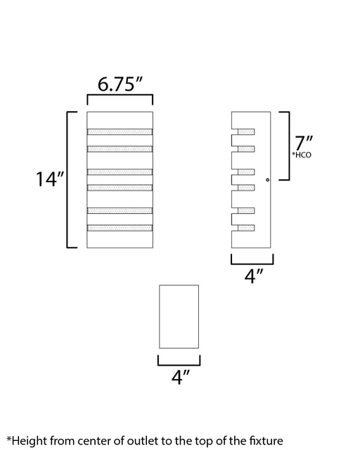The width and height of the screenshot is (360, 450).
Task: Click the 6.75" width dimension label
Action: click(x=120, y=84)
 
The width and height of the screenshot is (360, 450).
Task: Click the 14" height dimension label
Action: click(x=50, y=179)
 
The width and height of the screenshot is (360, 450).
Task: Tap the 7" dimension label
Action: click(x=304, y=143)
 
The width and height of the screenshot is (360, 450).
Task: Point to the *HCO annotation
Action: click(x=302, y=155)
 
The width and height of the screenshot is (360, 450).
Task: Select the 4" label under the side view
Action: click(x=254, y=276)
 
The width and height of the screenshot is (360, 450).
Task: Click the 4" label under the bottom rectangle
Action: click(x=181, y=377)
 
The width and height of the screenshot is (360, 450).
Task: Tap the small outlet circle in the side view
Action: click(x=268, y=180)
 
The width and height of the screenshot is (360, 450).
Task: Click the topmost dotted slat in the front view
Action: click(x=120, y=131)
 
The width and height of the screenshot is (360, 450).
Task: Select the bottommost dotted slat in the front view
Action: click(x=120, y=228)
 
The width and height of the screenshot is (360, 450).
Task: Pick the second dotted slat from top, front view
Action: click(x=120, y=149)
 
